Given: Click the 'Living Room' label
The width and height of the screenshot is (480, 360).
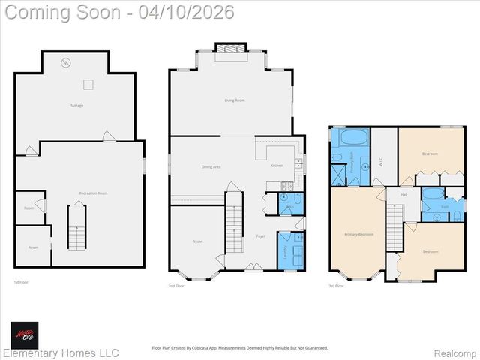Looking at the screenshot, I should [x=235, y=100].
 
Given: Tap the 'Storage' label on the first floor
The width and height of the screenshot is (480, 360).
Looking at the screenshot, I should [x=76, y=106].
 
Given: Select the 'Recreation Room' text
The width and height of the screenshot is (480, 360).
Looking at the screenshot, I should [x=93, y=193].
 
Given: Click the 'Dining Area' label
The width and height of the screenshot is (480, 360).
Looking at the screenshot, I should [x=211, y=166].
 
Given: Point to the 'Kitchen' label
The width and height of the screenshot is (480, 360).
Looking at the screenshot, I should [x=277, y=165].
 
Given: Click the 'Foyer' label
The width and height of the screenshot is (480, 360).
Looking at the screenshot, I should [x=261, y=236].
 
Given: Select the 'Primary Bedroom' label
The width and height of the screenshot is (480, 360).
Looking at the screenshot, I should [x=358, y=234].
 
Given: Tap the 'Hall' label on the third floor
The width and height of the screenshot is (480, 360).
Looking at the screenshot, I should [x=403, y=194].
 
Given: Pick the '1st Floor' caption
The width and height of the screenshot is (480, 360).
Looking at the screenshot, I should [x=22, y=282].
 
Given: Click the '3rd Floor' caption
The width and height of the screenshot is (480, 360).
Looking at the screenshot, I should [x=337, y=286].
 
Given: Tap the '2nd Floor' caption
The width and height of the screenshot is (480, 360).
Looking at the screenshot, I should [x=176, y=286].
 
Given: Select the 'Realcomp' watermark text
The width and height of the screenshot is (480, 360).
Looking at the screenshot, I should [x=455, y=352].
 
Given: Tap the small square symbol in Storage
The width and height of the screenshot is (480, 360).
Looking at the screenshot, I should [x=88, y=84].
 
